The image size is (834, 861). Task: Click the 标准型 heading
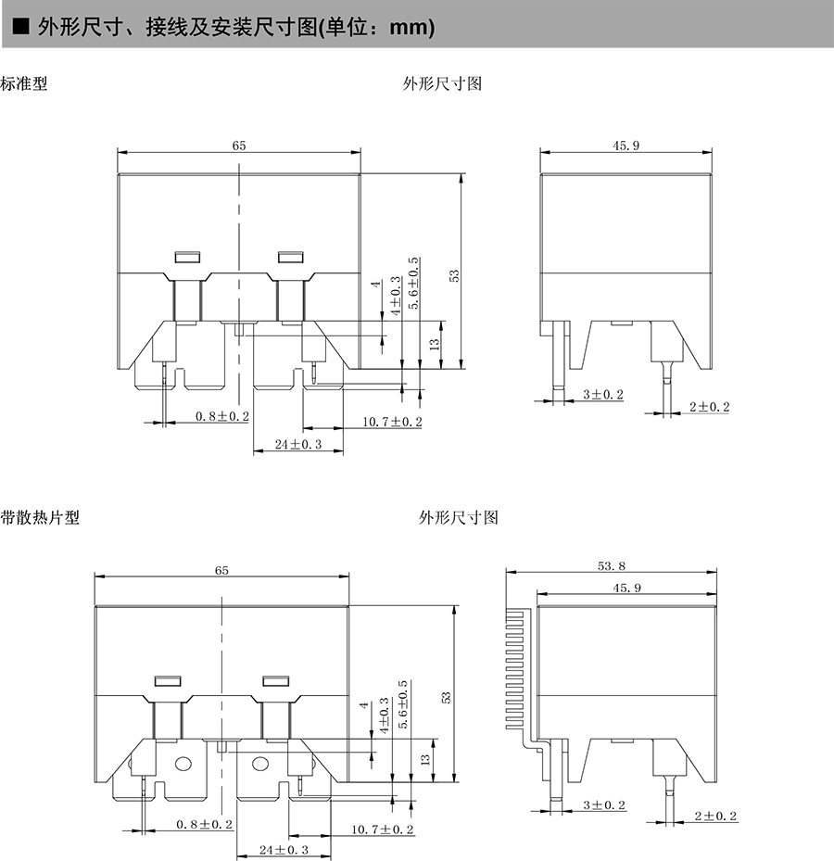click(x=24, y=83)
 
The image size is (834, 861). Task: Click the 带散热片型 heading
click(x=40, y=517)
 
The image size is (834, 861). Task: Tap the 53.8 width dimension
click(x=612, y=564)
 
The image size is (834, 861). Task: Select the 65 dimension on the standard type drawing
click(x=239, y=146)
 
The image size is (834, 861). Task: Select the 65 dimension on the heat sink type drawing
click(x=221, y=571)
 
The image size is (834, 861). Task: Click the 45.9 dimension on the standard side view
click(x=625, y=145)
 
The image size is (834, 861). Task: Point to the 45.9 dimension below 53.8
click(x=626, y=588)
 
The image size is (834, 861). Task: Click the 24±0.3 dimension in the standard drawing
click(x=298, y=445)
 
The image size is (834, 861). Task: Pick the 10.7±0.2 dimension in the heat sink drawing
click(x=383, y=829)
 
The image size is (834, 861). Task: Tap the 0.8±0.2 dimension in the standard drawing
click(x=221, y=417)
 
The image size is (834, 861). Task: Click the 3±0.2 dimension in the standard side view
click(x=602, y=395)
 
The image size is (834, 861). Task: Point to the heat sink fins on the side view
click(x=516, y=667)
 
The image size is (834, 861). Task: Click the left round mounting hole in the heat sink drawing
click(x=183, y=765)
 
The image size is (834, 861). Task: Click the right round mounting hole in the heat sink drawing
click(x=260, y=765)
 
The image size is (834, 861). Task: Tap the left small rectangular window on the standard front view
click(x=188, y=257)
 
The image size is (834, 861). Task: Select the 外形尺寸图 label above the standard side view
click(x=442, y=83)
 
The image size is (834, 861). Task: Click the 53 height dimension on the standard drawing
click(x=454, y=276)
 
